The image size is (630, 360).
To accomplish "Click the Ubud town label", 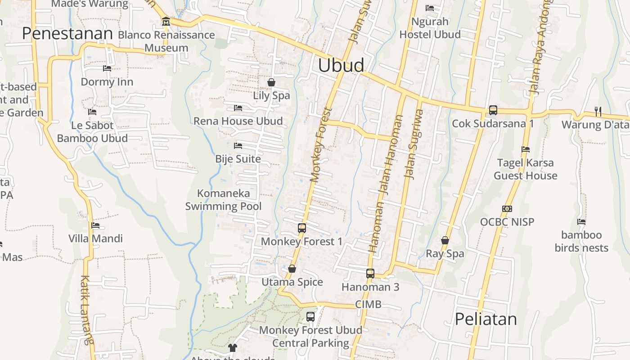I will (341, 66).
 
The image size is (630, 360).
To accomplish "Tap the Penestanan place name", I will (67, 34).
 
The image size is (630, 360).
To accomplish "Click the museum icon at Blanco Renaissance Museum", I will (166, 22).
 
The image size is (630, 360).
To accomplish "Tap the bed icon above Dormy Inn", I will (107, 68).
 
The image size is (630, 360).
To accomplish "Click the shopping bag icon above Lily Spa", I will (271, 82).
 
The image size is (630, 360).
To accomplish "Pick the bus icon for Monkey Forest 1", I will (301, 228).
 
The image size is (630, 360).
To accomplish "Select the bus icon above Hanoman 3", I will (370, 273).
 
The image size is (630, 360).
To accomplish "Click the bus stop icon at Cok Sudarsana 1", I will (493, 110).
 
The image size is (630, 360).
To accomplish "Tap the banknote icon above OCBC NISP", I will (507, 209).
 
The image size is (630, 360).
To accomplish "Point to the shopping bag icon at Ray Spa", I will (445, 240).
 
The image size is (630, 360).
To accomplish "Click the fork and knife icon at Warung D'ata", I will (598, 111).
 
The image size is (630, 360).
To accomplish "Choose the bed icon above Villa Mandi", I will (95, 225).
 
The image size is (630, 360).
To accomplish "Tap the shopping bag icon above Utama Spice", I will (292, 269).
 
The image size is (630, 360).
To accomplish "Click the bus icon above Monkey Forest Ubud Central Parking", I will (310, 316).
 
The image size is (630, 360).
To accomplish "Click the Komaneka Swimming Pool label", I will (223, 200).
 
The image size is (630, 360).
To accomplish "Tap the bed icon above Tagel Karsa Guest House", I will (525, 149).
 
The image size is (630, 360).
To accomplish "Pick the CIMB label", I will (368, 305).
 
